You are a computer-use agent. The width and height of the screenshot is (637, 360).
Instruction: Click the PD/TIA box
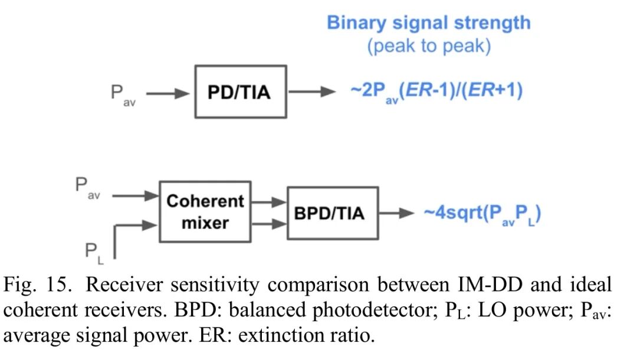(x=241, y=92)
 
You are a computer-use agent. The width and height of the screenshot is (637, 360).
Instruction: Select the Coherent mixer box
(x=205, y=211)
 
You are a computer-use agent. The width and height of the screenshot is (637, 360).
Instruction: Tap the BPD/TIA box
(x=333, y=213)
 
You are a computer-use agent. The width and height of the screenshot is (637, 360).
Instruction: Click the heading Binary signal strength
(x=429, y=23)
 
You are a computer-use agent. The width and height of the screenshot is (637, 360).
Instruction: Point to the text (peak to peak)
(x=429, y=46)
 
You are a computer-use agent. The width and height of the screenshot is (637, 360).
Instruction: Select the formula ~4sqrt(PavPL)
(x=482, y=214)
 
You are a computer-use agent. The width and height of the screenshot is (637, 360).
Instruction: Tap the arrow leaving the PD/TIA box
(x=307, y=91)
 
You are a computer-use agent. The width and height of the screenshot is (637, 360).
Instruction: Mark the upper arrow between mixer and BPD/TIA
(x=268, y=202)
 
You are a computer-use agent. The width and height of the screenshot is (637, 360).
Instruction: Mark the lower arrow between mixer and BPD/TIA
(x=268, y=224)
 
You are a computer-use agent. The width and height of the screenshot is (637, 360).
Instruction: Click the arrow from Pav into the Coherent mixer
(x=135, y=196)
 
